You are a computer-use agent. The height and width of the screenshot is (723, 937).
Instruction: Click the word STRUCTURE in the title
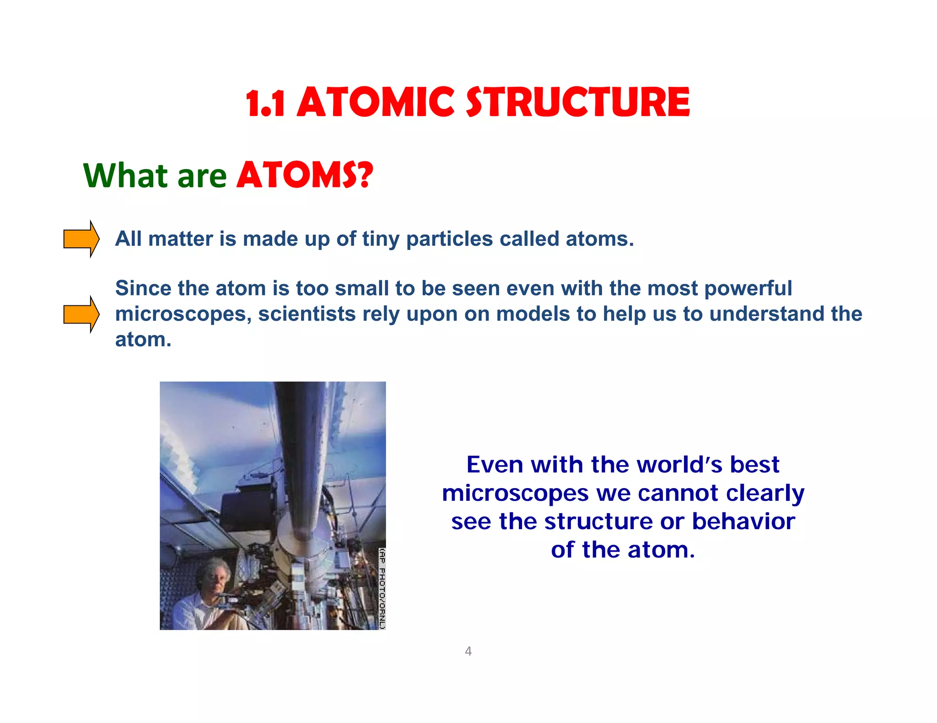(x=577, y=102)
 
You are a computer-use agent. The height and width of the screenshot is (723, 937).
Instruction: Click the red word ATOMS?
(x=305, y=175)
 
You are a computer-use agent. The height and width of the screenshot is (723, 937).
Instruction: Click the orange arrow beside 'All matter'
(x=81, y=239)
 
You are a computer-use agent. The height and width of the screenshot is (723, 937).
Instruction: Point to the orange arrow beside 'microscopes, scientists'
(x=81, y=314)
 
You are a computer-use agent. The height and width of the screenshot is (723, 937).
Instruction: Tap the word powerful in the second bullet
(x=748, y=289)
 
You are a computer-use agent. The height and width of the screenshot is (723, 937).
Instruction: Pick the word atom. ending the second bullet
(x=143, y=340)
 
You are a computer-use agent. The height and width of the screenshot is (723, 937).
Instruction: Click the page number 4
(x=468, y=651)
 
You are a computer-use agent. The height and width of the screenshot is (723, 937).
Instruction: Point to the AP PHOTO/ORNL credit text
(x=382, y=588)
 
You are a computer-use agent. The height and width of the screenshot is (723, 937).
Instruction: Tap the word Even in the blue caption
(x=494, y=465)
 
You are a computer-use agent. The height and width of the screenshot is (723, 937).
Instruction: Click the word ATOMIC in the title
(x=375, y=102)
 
